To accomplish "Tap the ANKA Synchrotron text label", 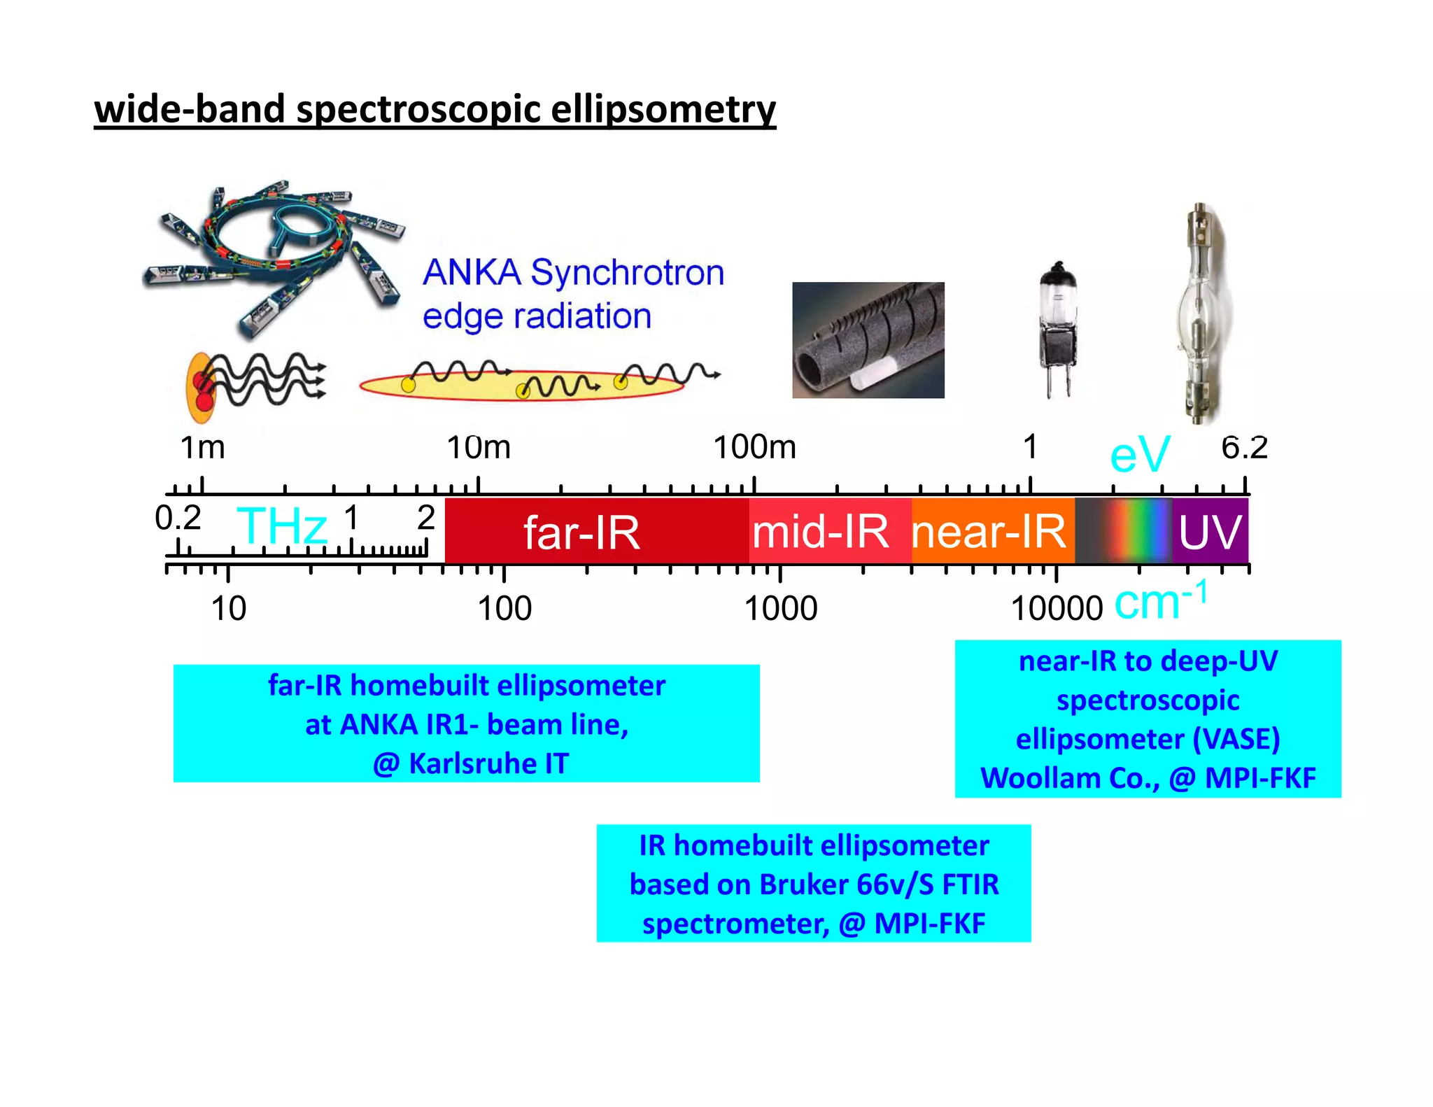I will (x=573, y=272).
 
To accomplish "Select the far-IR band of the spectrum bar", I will (x=581, y=533).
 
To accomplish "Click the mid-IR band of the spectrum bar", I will (x=820, y=532).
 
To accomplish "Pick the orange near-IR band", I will (x=989, y=532).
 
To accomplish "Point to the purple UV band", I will (x=1210, y=532).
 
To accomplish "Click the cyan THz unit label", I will (x=281, y=526).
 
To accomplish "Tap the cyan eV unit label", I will (x=1139, y=455).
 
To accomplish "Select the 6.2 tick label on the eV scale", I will (x=1244, y=448).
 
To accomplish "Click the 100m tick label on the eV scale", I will (x=754, y=448).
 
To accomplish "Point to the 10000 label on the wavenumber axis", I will (x=1057, y=609).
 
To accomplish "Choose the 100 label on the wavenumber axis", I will (x=504, y=609).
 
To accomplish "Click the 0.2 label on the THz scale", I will (x=178, y=519).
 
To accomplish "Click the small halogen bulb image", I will (x=1058, y=329).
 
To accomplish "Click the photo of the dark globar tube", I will (x=868, y=340).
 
